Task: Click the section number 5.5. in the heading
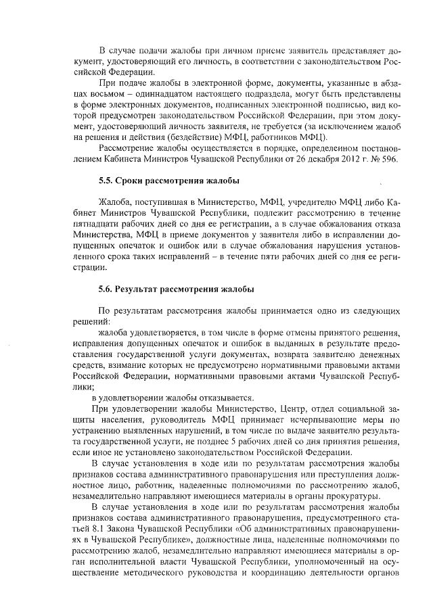(106, 180)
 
